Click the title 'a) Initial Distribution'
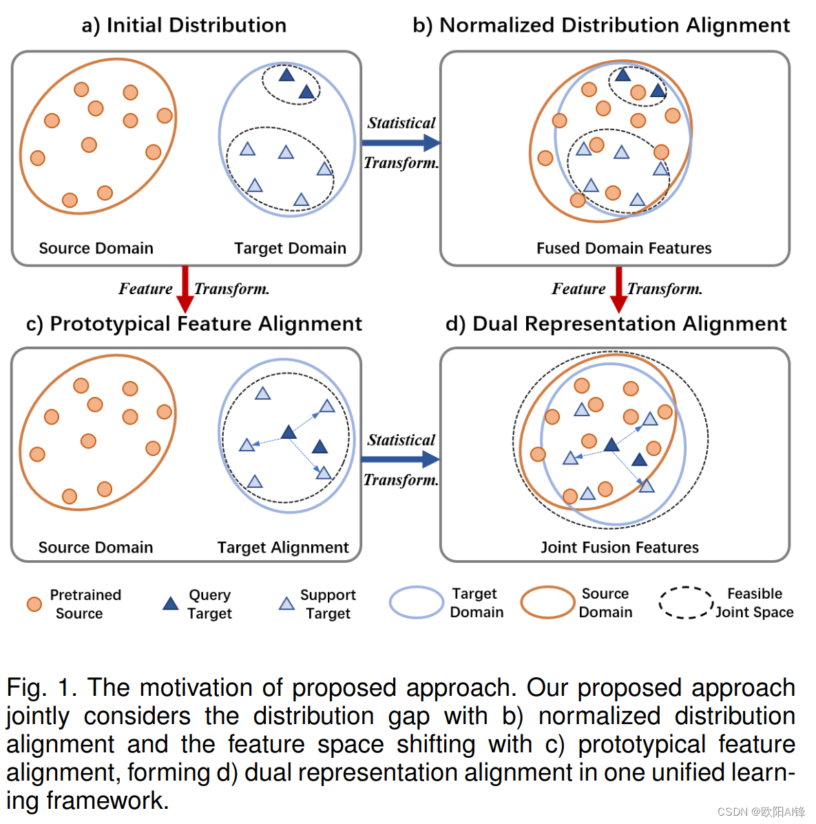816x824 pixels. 184,25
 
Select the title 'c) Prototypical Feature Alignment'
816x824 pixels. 193,324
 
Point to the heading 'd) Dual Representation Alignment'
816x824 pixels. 616,324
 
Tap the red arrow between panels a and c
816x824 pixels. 185,288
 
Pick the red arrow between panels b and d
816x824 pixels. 618,288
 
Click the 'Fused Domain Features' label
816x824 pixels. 624,248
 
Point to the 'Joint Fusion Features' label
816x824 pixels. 619,547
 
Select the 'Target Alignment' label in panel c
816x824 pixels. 283,547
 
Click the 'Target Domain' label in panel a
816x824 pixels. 290,248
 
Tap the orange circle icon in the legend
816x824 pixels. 34,604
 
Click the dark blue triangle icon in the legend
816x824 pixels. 170,604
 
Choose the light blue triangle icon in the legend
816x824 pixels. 286,604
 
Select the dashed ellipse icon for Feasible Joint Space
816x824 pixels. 685,603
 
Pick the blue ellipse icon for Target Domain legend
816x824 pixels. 416,603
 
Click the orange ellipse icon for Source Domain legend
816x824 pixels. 547,603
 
